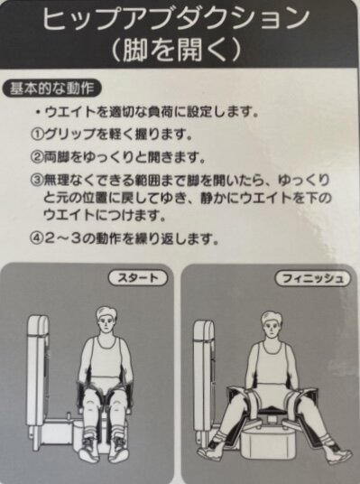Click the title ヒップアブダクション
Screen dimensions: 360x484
click(176, 19)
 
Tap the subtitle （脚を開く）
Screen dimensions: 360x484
click(176, 49)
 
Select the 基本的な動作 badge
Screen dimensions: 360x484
click(51, 88)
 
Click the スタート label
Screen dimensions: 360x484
click(137, 278)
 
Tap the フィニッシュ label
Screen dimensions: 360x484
click(312, 279)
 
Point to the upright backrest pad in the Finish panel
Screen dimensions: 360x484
click(204, 373)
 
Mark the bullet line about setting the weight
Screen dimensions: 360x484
click(147, 112)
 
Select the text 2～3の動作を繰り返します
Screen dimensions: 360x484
click(131, 238)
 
